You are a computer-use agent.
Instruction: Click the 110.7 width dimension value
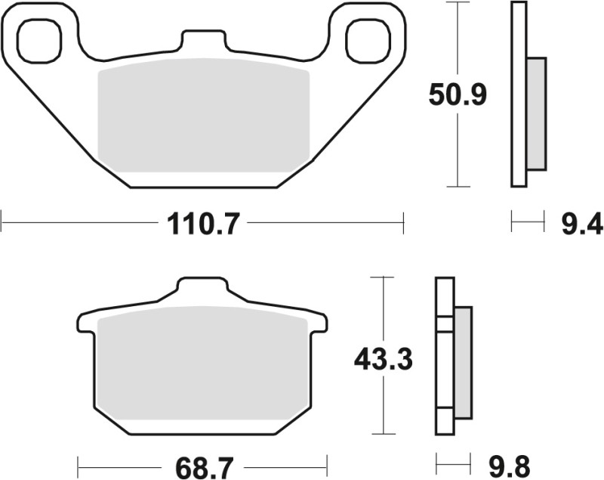(202, 224)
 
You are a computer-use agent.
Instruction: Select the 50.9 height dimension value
(458, 95)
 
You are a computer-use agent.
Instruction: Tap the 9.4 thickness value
(582, 224)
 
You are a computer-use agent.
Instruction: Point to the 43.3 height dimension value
(384, 360)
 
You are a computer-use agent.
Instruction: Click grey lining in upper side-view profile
(535, 113)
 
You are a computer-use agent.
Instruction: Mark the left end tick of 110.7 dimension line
(2, 224)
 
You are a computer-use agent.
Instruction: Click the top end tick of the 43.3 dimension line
(384, 278)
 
